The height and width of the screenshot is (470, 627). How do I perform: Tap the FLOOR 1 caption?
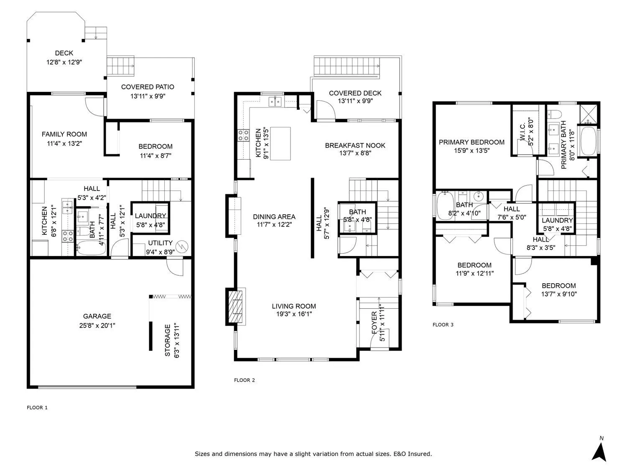click(37, 407)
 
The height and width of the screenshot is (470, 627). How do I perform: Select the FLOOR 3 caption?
click(443, 325)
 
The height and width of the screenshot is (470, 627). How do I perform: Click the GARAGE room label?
click(97, 316)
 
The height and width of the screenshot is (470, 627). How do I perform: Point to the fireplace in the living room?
click(236, 307)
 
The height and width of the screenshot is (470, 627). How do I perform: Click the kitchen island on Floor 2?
click(280, 144)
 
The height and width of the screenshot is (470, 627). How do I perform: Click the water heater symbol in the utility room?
click(182, 246)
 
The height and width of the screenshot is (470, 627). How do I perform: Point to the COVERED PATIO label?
click(148, 87)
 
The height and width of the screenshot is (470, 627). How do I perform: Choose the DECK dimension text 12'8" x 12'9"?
click(64, 62)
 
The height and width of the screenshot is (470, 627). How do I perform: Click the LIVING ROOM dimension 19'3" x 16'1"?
click(294, 314)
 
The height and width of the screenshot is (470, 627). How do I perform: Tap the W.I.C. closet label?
click(523, 132)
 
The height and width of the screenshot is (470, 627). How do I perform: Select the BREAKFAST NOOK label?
click(355, 145)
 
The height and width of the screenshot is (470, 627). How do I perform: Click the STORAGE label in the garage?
click(167, 340)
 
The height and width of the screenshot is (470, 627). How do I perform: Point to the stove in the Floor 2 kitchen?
click(243, 135)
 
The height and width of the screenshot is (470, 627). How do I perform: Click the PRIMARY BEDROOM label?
click(472, 142)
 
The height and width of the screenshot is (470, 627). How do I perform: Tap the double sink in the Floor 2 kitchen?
click(275, 102)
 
